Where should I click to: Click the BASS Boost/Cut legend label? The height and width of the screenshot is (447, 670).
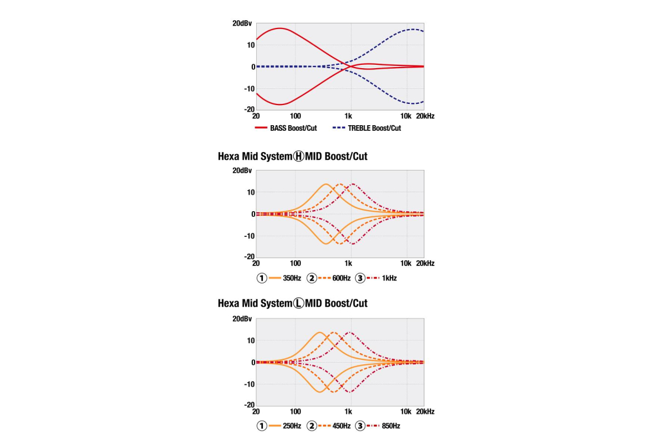coord(293,128)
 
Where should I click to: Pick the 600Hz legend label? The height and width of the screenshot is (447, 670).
coord(340,278)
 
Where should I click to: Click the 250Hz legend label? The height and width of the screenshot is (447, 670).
coord(292,426)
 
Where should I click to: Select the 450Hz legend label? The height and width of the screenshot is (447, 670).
coord(340,426)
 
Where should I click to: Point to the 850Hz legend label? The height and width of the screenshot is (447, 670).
coord(391,426)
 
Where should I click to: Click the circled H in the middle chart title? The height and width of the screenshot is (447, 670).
coord(299,156)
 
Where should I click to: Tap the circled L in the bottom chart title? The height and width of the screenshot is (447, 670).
coord(299,303)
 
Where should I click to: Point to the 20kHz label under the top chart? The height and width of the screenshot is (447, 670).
coord(426,116)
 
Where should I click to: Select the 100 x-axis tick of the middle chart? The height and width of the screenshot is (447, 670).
coord(296,263)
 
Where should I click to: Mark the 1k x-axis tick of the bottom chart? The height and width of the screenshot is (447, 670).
coord(348,411)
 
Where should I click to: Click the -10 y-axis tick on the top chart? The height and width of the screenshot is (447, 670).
coord(248,89)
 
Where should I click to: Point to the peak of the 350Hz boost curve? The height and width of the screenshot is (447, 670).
coord(326,184)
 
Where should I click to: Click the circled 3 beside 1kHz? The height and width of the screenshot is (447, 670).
coord(360,278)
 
